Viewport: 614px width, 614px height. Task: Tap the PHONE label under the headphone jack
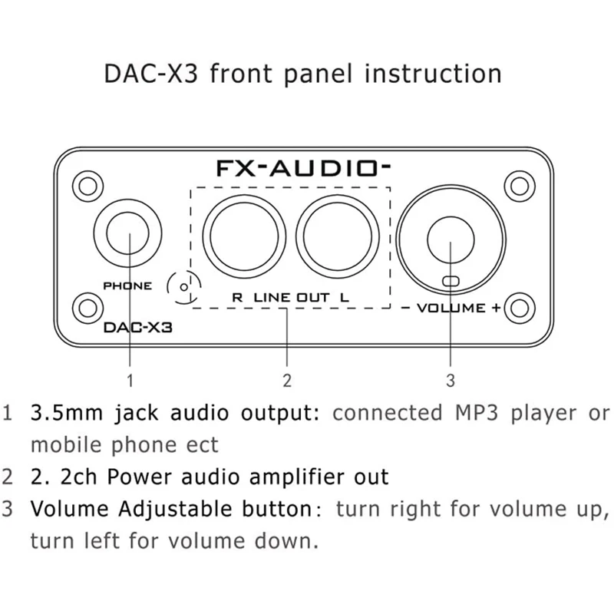[127, 286]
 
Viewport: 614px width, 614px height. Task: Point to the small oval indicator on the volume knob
[451, 281]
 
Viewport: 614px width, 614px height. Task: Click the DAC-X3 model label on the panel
[137, 326]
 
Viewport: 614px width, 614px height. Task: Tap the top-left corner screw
[87, 184]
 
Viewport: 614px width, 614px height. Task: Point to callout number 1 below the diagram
[130, 379]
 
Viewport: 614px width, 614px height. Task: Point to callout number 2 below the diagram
[286, 379]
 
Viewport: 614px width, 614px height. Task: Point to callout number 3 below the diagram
[451, 379]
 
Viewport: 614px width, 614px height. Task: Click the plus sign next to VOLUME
[497, 308]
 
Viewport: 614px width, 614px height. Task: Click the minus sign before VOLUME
[405, 308]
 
